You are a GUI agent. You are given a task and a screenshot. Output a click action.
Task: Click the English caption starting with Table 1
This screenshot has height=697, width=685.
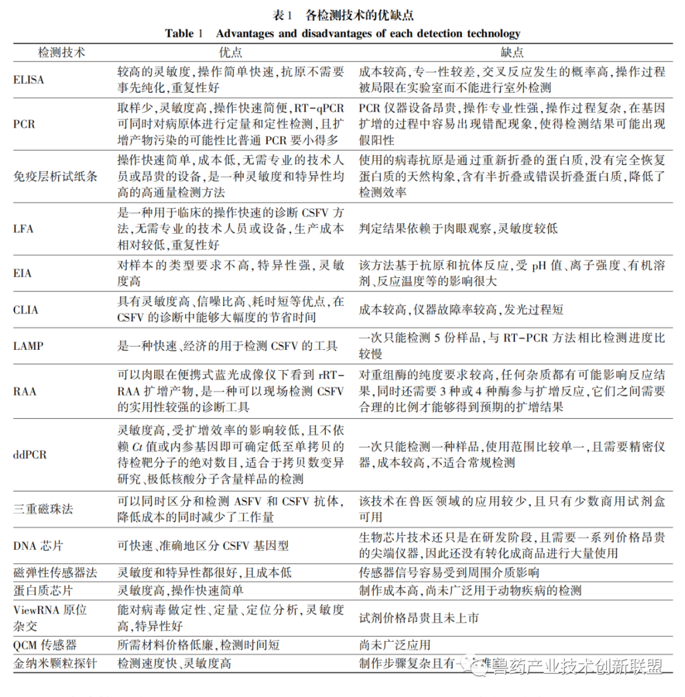(x=342, y=33)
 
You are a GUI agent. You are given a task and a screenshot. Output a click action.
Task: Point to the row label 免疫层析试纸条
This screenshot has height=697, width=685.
(x=56, y=176)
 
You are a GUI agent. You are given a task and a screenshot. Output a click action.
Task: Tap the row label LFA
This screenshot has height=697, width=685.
(x=25, y=228)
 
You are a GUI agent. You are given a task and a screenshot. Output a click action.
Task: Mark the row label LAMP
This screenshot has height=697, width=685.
(x=29, y=346)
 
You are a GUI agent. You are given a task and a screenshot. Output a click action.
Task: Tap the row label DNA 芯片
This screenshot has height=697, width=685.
(x=37, y=545)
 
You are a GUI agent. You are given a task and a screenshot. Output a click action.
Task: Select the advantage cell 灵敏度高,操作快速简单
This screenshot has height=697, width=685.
(x=181, y=590)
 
